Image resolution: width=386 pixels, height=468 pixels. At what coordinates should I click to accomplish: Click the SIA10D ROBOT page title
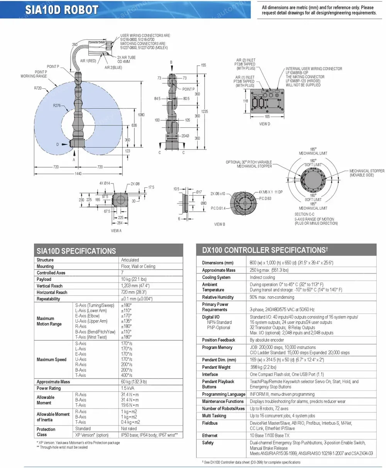point(62,10)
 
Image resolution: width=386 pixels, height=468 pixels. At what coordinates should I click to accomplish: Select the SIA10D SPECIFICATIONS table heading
point(76,251)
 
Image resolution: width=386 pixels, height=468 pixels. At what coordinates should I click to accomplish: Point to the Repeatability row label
point(48,299)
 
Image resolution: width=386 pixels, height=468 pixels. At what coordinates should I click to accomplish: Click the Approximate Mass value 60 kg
point(134,382)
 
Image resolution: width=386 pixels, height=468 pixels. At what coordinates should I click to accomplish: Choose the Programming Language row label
point(223,394)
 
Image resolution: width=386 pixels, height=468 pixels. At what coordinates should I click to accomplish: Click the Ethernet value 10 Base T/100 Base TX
point(269,436)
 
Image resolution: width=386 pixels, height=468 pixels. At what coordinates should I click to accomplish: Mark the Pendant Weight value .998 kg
point(263,367)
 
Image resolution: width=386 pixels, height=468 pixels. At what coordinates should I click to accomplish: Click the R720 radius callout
point(38,88)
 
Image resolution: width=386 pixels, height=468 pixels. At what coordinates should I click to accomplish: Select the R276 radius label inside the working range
point(58,105)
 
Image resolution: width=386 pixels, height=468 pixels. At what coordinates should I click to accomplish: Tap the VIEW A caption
point(116,231)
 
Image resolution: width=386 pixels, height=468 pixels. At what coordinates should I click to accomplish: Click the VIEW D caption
point(264,124)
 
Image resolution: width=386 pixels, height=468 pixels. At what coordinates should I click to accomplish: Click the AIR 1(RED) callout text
point(88,61)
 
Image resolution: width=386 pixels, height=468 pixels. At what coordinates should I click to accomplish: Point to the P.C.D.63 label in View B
point(265,198)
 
